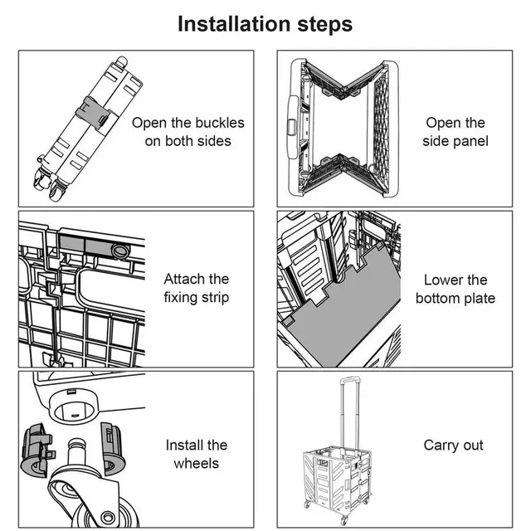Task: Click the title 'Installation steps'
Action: point(265,24)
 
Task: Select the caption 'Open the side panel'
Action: point(455,132)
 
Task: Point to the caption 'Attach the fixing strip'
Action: point(196,288)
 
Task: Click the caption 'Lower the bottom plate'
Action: point(455,289)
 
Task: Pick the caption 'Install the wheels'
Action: point(196,454)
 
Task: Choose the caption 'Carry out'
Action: point(453,446)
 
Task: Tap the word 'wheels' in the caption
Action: point(196,463)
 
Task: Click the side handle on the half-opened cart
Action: point(292,124)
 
